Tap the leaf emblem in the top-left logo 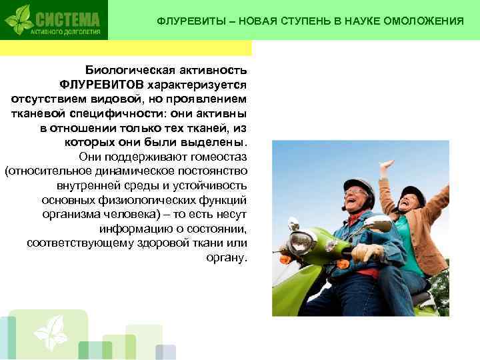click(20, 19)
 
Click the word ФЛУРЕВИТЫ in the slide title click(189, 21)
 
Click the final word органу click(229, 257)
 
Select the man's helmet click(358, 186)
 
